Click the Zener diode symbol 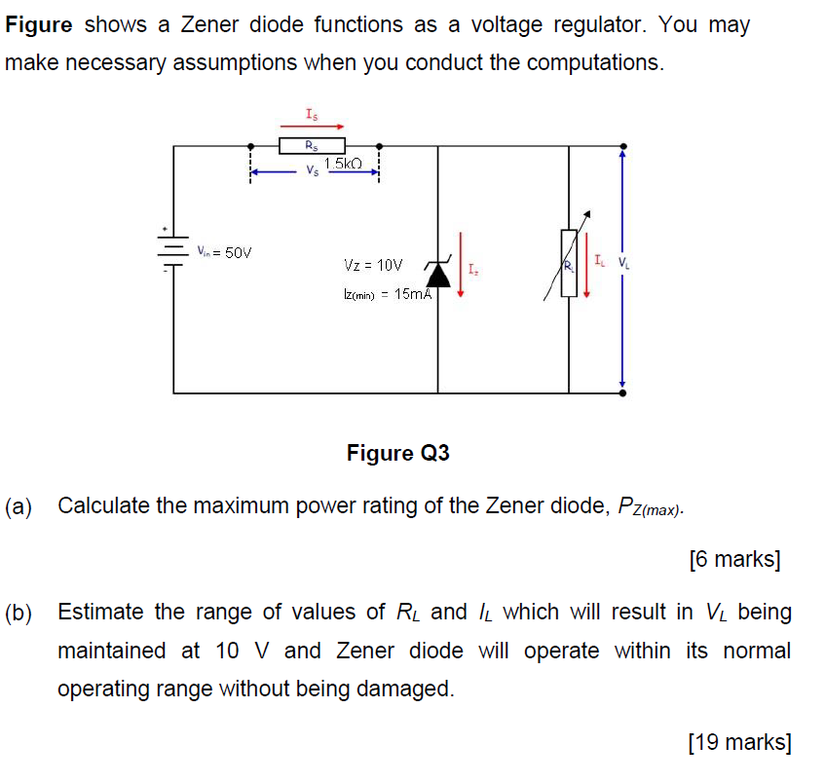click(x=438, y=272)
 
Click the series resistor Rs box click(x=309, y=146)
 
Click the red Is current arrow click(x=311, y=126)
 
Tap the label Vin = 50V click(x=224, y=253)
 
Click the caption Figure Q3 click(x=397, y=453)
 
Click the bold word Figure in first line click(x=39, y=25)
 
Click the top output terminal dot click(x=622, y=146)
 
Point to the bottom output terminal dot click(x=622, y=392)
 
